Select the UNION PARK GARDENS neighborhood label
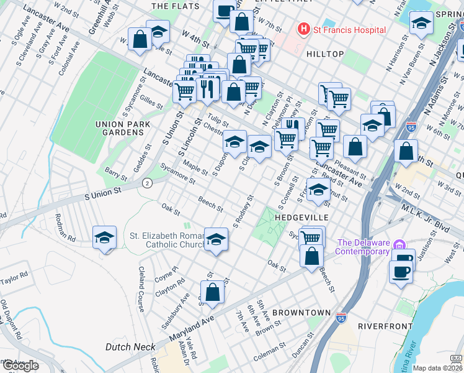pyautogui.click(x=119, y=128)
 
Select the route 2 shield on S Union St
pyautogui.click(x=147, y=183)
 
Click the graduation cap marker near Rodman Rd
pyautogui.click(x=104, y=237)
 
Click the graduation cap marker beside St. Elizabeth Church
pyautogui.click(x=216, y=239)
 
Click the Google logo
pyautogui.click(x=20, y=366)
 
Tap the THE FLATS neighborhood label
pyautogui.click(x=176, y=6)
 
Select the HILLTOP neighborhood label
pyautogui.click(x=325, y=55)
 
